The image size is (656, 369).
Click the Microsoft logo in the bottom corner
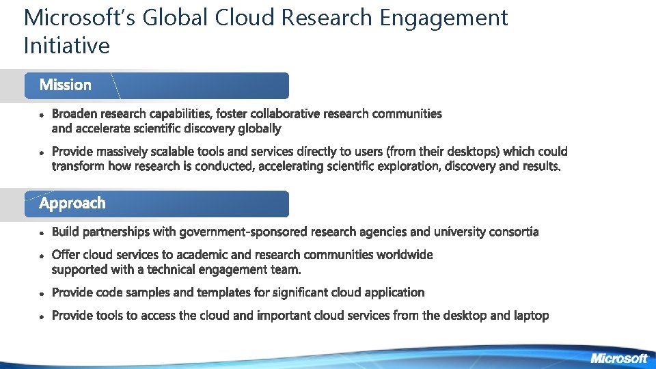pos(618,358)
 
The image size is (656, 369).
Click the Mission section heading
pos(66,85)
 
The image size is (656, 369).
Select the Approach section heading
pos(72,204)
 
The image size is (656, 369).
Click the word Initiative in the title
pos(66,46)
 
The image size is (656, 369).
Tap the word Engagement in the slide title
pos(443,18)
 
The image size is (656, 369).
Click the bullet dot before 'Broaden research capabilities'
pos(42,115)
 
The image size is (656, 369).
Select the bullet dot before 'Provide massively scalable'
pos(42,152)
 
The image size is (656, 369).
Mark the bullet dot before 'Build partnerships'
pos(42,233)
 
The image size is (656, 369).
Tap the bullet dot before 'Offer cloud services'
pos(42,256)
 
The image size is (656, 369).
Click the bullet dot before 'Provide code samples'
pos(42,293)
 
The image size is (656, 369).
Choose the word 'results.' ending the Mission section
pos(538,167)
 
